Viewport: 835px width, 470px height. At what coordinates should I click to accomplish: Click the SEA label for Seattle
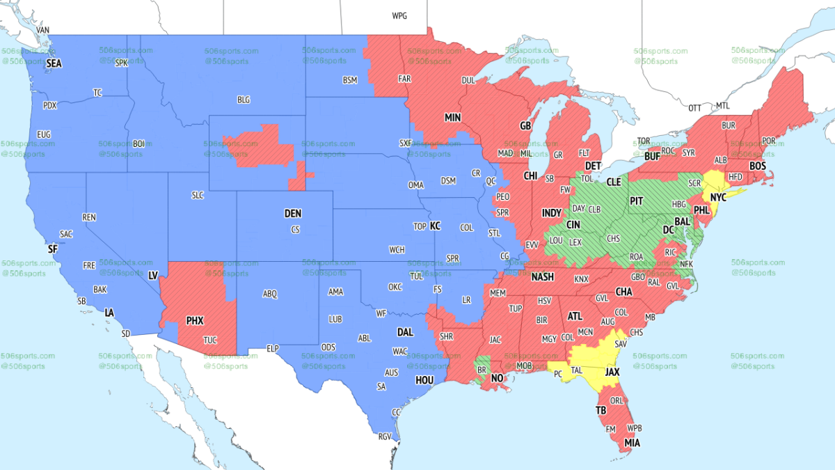tap(54, 63)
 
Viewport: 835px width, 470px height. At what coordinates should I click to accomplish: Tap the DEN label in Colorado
tap(293, 214)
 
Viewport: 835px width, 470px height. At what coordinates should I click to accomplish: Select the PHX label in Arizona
tap(195, 321)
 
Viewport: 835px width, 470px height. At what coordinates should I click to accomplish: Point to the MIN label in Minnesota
tap(454, 118)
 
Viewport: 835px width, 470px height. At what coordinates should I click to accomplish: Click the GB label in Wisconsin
tap(525, 126)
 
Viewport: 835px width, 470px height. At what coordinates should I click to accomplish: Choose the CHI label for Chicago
tap(531, 175)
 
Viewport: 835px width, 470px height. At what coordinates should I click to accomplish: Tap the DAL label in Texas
tap(405, 333)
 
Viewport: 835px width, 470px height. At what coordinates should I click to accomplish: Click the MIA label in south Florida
tap(633, 441)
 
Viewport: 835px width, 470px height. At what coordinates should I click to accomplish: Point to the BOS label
tap(758, 166)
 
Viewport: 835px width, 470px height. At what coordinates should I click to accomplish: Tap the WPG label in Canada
tap(399, 15)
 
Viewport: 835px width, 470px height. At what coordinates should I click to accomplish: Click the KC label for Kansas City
tap(435, 226)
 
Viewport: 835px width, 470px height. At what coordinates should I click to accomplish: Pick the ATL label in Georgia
tap(575, 315)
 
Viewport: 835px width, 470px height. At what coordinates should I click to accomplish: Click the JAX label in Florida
tap(612, 373)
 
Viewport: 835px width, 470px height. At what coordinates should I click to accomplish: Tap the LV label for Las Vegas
tap(152, 276)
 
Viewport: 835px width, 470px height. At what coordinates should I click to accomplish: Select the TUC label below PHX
tap(209, 340)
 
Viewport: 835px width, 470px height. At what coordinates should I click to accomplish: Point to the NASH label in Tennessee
tap(542, 276)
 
